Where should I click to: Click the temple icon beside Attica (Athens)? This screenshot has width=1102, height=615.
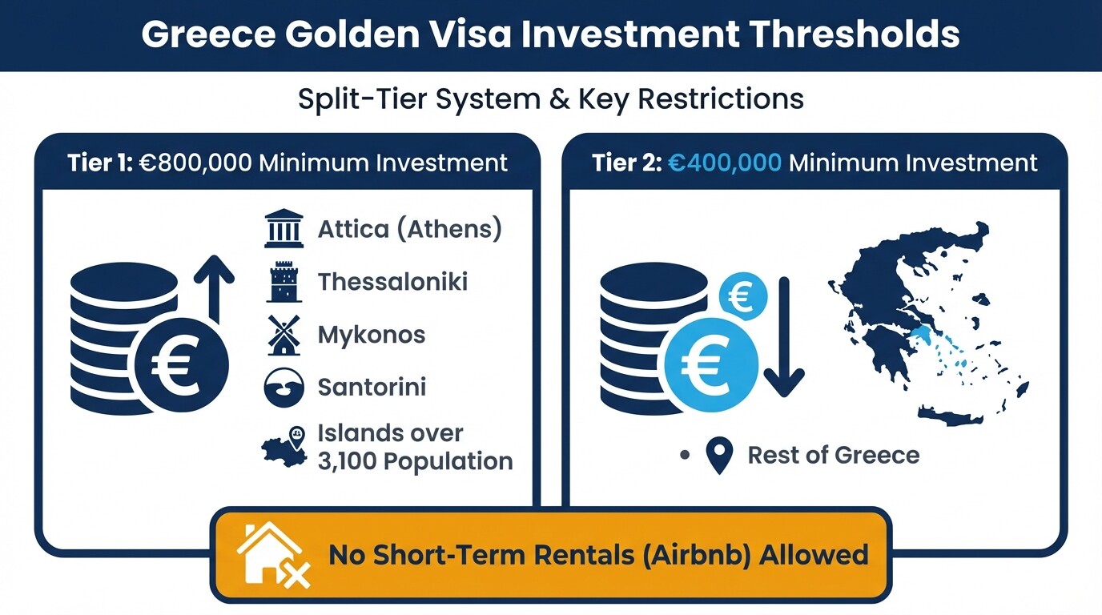click(284, 229)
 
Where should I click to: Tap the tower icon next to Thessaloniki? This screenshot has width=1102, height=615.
click(284, 282)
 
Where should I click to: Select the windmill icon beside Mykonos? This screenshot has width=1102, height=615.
click(284, 335)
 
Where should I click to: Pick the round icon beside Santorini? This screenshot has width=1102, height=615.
click(284, 388)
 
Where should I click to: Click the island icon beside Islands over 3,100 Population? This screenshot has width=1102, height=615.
click(285, 448)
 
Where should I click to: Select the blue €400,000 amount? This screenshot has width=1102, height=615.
click(725, 163)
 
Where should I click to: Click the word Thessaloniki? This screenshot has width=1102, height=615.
click(392, 282)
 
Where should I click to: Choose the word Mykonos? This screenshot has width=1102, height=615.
click(372, 335)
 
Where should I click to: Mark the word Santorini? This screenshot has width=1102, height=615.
click(372, 388)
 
